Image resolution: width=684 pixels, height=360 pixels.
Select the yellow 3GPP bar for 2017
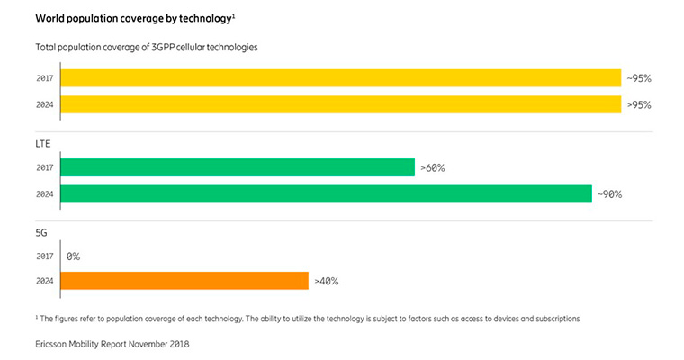(x=340, y=78)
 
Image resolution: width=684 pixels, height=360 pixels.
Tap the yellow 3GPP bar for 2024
(x=340, y=104)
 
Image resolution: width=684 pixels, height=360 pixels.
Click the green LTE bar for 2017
(x=238, y=167)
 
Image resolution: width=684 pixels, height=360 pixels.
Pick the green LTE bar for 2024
(x=326, y=193)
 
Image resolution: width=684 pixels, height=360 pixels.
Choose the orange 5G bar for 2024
(x=184, y=281)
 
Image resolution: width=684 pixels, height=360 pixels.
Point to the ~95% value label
(x=638, y=78)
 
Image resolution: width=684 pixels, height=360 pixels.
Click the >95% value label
(x=638, y=104)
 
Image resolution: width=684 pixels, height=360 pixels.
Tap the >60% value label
(x=432, y=167)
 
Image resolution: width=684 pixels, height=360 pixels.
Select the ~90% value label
(x=609, y=193)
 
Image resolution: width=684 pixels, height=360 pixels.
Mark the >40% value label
(x=326, y=281)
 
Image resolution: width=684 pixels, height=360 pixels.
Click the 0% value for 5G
(x=73, y=256)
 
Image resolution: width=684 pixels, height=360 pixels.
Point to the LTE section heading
(x=43, y=143)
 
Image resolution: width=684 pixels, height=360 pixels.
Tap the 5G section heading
(x=41, y=231)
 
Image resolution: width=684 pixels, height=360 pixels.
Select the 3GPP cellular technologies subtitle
(x=147, y=47)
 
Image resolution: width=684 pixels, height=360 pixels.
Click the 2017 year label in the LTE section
(x=44, y=167)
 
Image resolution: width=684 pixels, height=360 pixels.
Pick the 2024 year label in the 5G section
(x=44, y=281)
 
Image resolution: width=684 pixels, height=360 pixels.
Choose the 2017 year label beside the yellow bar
(x=44, y=78)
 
